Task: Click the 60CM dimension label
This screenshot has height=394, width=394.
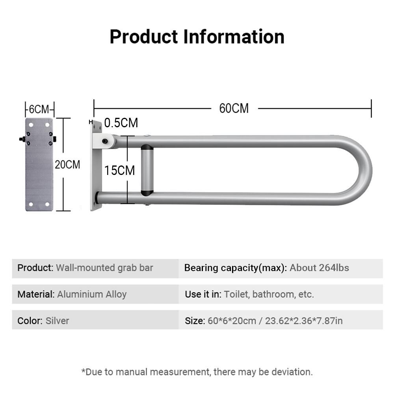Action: point(234,109)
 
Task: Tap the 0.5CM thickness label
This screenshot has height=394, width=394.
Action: point(121,123)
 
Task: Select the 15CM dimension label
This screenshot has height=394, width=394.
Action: point(120,170)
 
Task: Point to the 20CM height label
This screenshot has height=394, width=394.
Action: point(67,165)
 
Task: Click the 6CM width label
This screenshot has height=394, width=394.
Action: point(39,109)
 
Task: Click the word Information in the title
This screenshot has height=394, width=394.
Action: point(234,37)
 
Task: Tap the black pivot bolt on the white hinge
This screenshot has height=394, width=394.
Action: point(105,141)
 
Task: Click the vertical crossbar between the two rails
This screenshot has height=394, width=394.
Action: point(147,170)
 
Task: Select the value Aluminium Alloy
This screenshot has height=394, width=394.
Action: point(92,294)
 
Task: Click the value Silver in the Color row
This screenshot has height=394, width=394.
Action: point(57,321)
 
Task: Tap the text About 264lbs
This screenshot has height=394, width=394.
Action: point(319,268)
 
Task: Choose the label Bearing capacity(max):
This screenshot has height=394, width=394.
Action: point(236,268)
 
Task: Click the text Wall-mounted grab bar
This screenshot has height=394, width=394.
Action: point(104,268)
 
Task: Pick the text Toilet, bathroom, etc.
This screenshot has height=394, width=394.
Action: point(269,294)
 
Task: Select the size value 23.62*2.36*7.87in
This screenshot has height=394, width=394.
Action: point(304,321)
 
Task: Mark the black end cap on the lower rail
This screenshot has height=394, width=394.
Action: point(97,198)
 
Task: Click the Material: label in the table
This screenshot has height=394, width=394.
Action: point(36,294)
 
